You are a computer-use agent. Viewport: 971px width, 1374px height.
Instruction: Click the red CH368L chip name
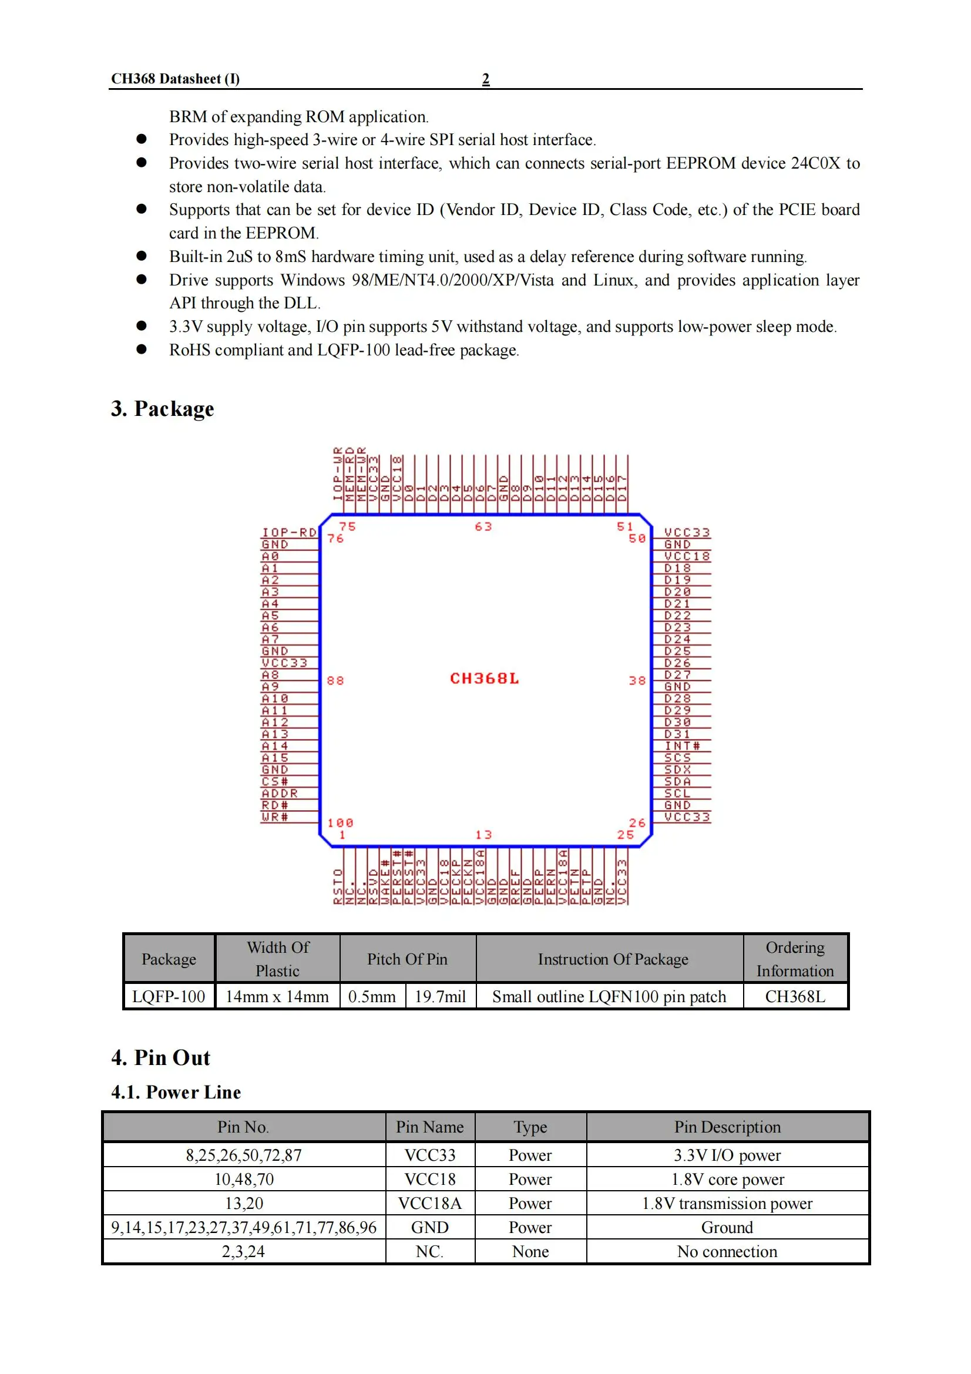(484, 678)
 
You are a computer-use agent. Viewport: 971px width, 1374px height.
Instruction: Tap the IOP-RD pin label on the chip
(289, 532)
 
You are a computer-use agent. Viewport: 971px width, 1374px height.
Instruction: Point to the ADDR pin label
(280, 793)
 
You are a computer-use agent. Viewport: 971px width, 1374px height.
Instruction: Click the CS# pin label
(274, 781)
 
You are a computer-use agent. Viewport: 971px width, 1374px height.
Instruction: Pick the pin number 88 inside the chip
(335, 680)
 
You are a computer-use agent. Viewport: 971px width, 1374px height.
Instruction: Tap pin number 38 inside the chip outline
(637, 680)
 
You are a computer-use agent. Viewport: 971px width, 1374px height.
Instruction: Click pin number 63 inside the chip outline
(483, 526)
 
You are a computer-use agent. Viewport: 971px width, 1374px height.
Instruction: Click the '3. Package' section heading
(162, 409)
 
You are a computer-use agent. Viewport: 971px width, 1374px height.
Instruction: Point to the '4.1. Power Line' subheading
(176, 1092)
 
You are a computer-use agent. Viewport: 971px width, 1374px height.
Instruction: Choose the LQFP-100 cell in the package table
(168, 996)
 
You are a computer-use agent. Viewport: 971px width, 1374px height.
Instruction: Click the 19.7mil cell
(440, 996)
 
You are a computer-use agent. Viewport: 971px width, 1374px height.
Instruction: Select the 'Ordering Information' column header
(795, 959)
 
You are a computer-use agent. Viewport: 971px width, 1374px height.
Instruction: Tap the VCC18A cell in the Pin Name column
(429, 1203)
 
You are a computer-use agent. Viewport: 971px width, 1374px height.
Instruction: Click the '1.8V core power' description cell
(727, 1179)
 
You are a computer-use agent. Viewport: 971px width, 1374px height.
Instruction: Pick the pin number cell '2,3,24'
(243, 1251)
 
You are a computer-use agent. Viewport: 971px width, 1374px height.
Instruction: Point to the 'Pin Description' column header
(727, 1127)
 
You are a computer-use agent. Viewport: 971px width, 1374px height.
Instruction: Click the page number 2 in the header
(485, 79)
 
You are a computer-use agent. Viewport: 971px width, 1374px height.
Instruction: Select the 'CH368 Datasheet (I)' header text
(175, 79)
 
